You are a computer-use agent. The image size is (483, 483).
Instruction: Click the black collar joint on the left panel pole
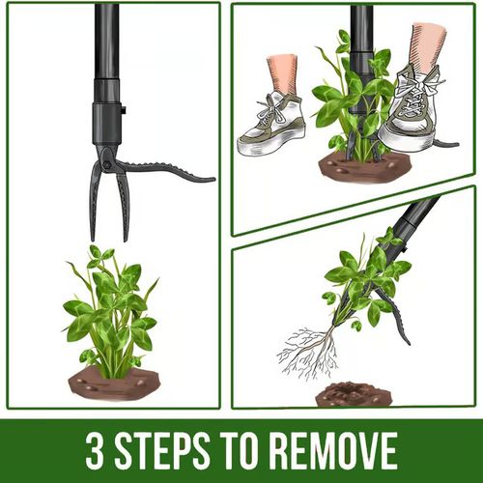point(106,116)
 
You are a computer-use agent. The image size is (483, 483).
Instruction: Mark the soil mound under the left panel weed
point(114,384)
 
